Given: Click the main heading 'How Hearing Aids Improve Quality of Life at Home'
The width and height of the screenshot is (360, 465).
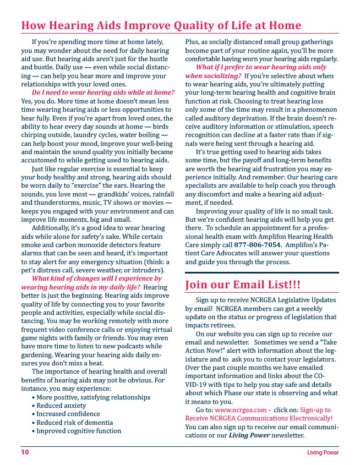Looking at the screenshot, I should click(161, 26).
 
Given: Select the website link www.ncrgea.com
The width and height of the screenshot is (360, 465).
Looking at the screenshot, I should click(238, 410).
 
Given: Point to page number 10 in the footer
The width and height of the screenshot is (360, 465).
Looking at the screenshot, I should click(25, 452).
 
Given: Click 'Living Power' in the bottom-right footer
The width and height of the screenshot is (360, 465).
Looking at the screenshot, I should click(323, 453).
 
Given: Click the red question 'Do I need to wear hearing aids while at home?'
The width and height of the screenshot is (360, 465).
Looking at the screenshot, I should click(103, 92).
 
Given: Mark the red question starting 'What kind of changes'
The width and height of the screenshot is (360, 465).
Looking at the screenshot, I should click(94, 278).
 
